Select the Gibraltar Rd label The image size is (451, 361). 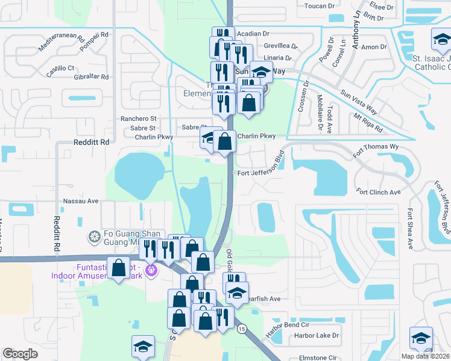click(x=87, y=77)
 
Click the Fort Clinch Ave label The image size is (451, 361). click(x=378, y=193)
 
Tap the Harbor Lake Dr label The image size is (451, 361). click(x=318, y=335)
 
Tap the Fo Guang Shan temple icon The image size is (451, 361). click(x=93, y=236)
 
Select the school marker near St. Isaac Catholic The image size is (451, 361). click(x=441, y=40)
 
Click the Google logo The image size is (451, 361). click(x=20, y=354)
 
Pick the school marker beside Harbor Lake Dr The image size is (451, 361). click(x=421, y=338)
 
